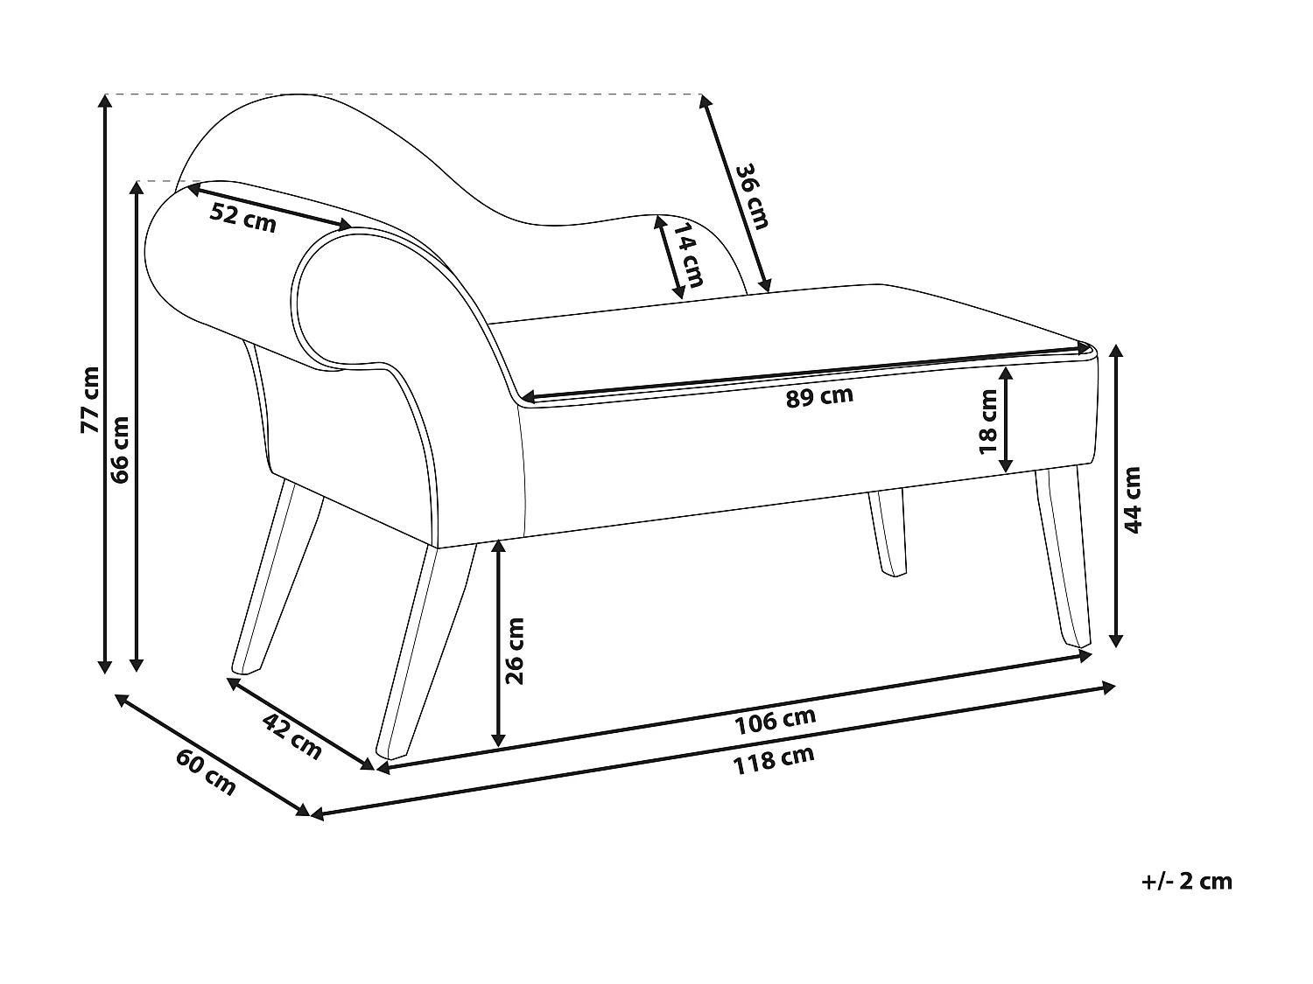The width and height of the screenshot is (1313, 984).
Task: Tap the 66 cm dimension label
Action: pos(121,449)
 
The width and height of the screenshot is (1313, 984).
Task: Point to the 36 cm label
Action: pos(751,197)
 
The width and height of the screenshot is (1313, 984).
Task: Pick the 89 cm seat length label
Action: pos(818,396)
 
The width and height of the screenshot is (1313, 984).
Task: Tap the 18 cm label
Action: pos(988,422)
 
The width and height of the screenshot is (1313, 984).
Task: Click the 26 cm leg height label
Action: pos(515,651)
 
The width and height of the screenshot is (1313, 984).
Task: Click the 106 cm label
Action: pos(776,721)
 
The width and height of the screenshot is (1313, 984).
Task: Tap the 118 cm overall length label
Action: pos(774,759)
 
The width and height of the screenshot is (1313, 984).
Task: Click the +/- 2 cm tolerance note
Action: pos(1187,881)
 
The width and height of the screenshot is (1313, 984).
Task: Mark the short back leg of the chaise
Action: pos(888,533)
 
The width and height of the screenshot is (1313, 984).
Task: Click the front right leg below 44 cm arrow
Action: pos(1064,560)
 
